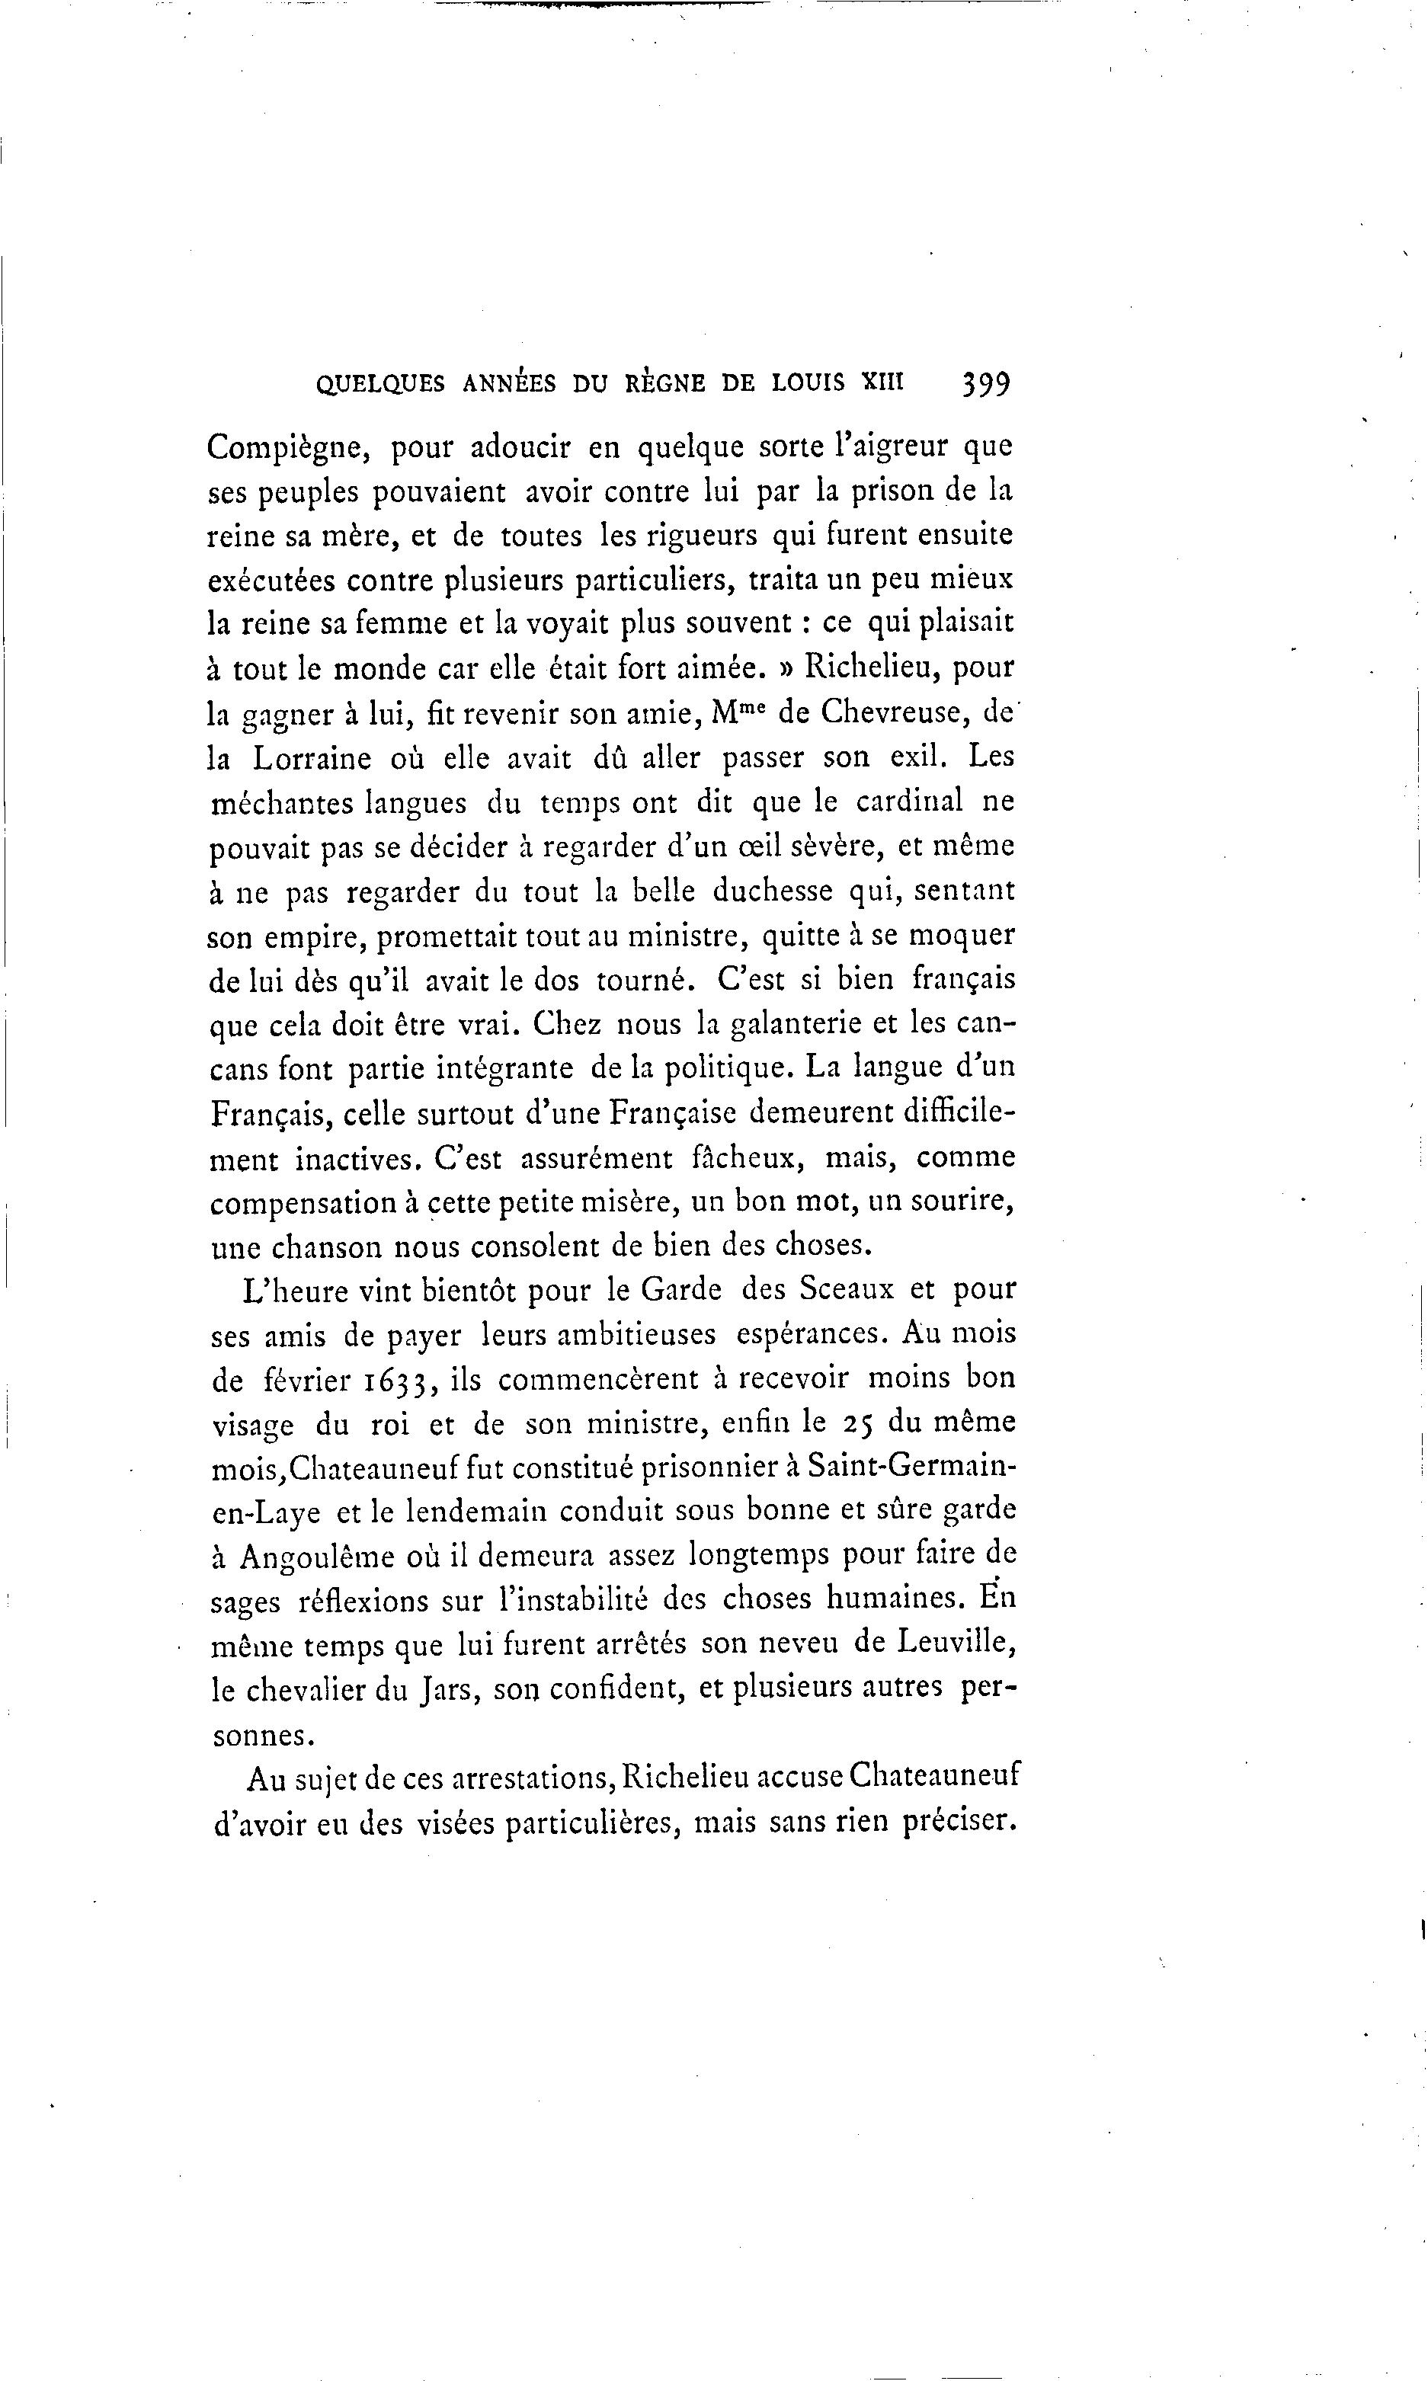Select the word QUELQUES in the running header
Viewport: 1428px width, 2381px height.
click(380, 385)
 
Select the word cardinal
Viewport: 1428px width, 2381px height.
click(909, 802)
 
